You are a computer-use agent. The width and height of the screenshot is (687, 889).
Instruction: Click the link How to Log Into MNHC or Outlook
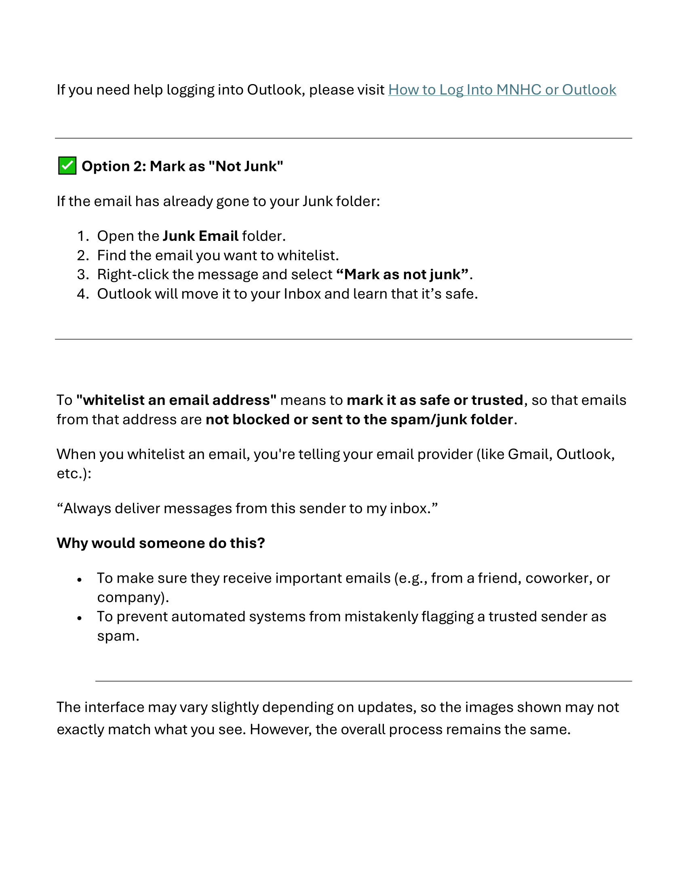[x=502, y=90]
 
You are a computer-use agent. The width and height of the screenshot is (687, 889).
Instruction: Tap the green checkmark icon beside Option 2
[x=67, y=166]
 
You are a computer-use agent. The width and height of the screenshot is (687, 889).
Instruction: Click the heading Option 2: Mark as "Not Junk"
[x=182, y=166]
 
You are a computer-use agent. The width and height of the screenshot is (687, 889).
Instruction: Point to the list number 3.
[x=82, y=275]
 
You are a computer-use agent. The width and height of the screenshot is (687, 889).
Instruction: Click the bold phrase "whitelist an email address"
[x=176, y=400]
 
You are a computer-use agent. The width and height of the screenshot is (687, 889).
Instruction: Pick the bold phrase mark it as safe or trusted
[x=435, y=400]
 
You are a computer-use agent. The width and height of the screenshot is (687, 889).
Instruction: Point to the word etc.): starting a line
[x=74, y=474]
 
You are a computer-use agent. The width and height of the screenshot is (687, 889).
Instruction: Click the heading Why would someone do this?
[x=161, y=544]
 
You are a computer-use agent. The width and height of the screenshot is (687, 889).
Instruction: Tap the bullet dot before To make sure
[x=80, y=579]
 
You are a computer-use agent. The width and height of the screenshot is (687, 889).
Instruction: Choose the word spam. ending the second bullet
[x=118, y=636]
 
